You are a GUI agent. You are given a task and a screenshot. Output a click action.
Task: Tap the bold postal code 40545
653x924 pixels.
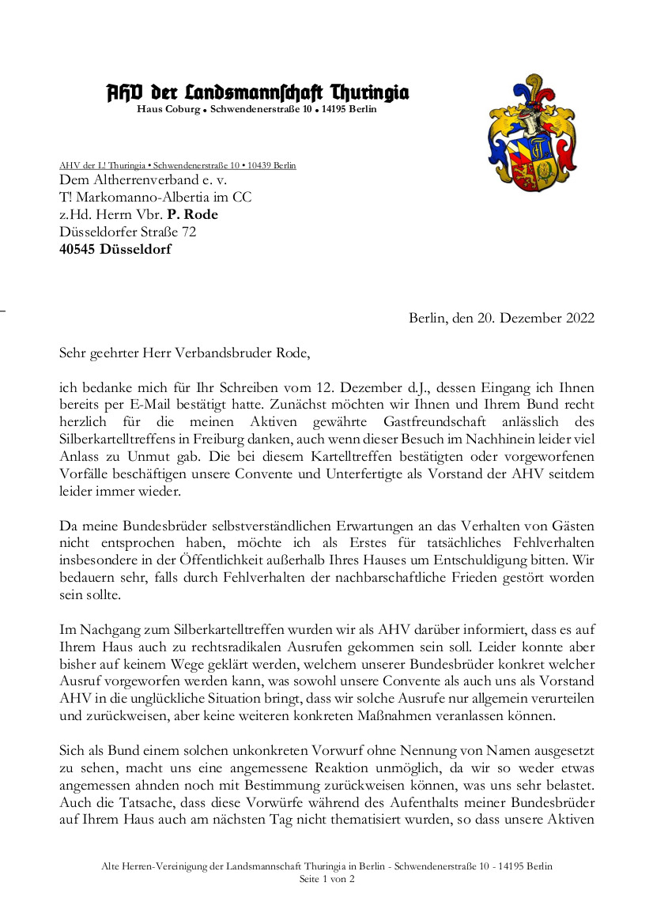(x=78, y=250)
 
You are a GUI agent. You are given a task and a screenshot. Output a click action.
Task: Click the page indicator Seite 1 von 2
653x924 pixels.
(x=326, y=879)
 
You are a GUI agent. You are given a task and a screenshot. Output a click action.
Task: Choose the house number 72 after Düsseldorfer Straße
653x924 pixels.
(x=189, y=232)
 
